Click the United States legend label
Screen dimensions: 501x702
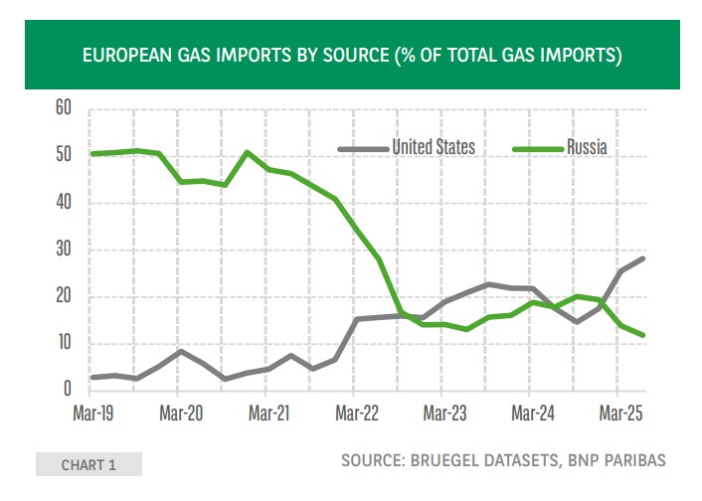433,147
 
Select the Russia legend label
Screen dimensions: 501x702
587,147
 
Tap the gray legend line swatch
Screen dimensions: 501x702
362,148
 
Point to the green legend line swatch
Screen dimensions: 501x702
536,148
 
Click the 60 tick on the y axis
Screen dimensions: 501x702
61,108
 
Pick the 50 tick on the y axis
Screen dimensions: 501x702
61,155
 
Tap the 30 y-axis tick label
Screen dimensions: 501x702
61,250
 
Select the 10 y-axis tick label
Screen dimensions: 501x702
61,343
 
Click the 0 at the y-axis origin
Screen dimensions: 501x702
66,390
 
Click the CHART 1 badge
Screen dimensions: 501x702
88,464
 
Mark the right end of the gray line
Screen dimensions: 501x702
644,258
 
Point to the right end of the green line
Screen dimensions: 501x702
644,335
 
